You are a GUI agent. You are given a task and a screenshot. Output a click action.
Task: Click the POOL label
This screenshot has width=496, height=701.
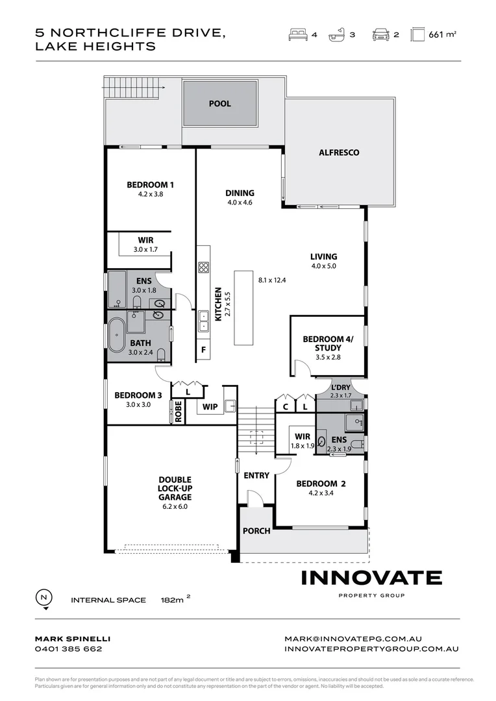(x=219, y=104)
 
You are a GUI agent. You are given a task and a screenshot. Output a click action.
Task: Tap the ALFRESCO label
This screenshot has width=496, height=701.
(x=339, y=153)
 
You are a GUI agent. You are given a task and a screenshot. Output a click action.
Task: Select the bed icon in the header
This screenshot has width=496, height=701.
(x=297, y=35)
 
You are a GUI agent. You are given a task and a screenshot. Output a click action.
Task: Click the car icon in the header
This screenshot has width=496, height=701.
(x=380, y=35)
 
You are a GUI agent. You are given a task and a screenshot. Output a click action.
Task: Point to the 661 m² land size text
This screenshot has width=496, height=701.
(x=442, y=35)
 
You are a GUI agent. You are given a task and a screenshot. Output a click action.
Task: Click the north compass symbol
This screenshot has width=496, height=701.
(x=44, y=598)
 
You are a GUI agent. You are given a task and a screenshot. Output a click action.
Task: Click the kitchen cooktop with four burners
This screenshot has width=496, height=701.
(x=203, y=267)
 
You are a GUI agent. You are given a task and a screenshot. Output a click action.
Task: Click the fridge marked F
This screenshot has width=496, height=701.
(x=203, y=350)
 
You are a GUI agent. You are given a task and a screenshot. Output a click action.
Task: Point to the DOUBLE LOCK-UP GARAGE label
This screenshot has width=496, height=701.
(x=174, y=488)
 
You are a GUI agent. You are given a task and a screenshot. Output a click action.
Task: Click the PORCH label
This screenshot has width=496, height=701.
(x=256, y=531)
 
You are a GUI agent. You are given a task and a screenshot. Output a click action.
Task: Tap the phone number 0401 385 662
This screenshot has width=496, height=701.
(x=68, y=648)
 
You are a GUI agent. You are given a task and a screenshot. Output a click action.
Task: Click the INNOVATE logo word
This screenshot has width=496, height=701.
(x=371, y=578)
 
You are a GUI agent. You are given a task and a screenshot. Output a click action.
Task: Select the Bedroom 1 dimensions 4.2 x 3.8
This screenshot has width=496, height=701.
(x=150, y=194)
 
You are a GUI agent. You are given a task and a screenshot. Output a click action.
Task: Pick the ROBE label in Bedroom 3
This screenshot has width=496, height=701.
(x=178, y=412)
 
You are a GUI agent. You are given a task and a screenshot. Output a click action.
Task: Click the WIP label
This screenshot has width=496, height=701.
(x=210, y=407)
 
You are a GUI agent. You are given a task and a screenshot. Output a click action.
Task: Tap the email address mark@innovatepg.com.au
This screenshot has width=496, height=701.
(x=353, y=639)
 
